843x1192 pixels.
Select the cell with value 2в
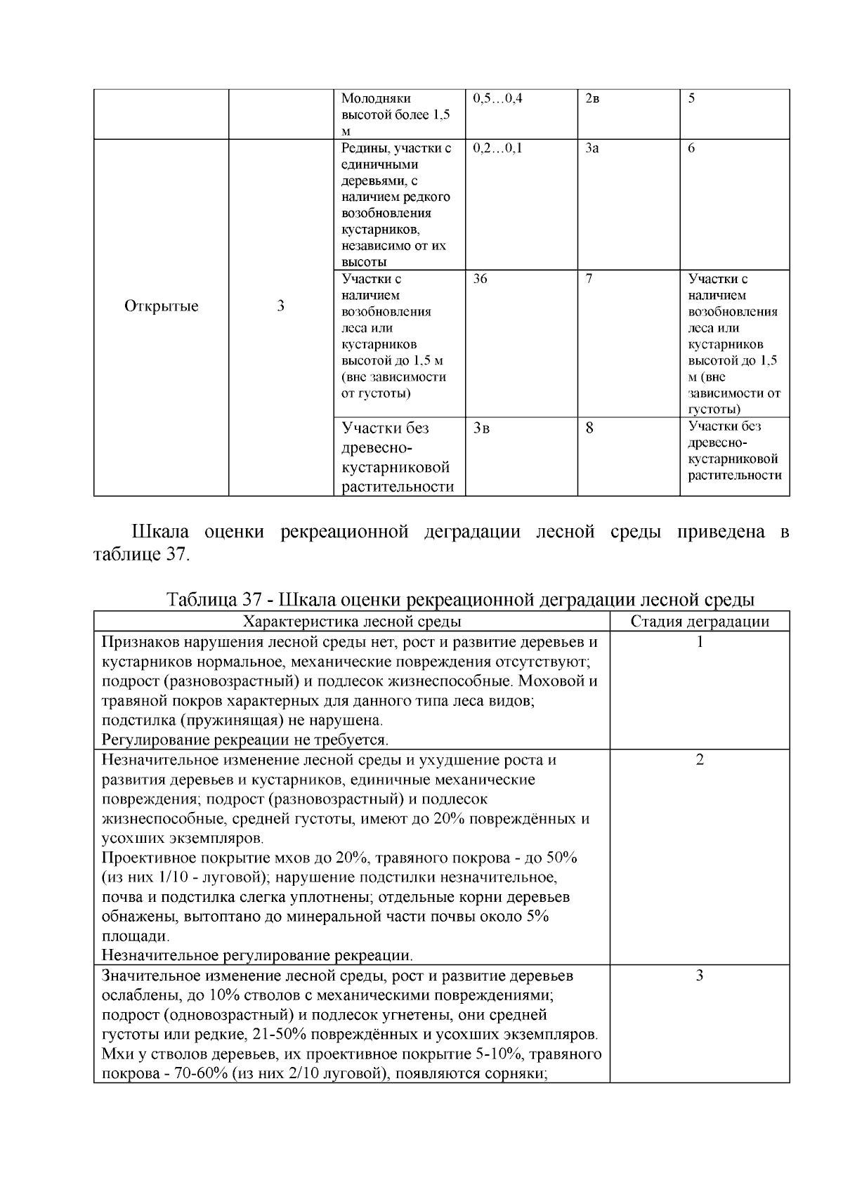point(592,99)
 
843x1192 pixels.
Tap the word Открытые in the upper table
point(162,306)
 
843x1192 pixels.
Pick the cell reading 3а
point(592,149)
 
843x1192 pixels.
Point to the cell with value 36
point(481,279)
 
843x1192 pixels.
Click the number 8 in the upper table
point(589,427)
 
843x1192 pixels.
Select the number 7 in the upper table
point(589,279)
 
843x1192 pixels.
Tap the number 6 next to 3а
point(691,149)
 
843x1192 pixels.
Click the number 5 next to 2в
point(691,99)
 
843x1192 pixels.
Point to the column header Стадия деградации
point(700,622)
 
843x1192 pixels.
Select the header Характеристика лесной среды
point(352,622)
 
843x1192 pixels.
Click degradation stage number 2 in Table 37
point(700,760)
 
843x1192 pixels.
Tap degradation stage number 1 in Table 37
point(700,642)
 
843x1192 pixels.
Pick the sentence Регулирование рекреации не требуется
point(245,740)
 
